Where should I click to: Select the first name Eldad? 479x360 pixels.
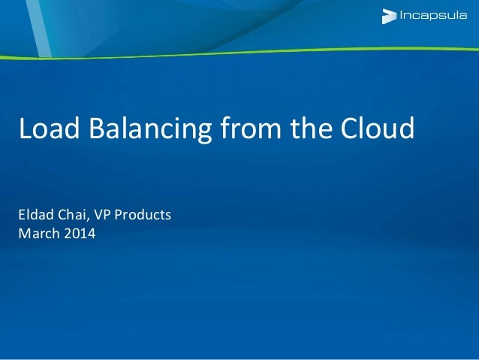(x=34, y=216)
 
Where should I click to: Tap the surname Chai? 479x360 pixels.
(x=71, y=216)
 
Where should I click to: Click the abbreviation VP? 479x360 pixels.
(x=101, y=216)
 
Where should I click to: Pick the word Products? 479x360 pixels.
(x=142, y=216)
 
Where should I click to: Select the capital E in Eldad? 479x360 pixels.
(x=21, y=216)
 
